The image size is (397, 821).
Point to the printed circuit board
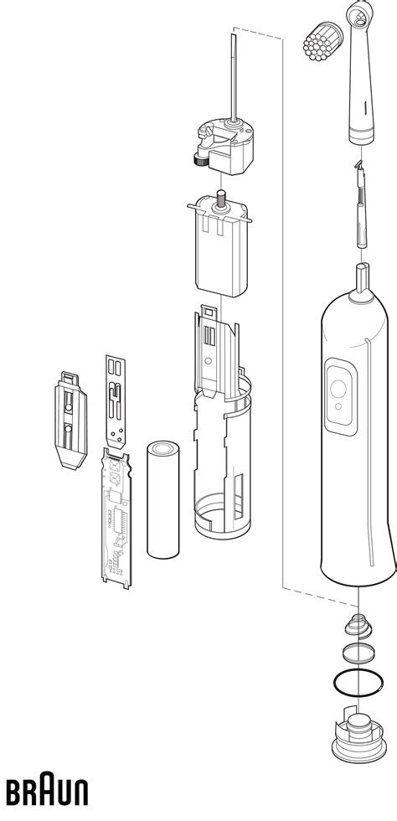tap(116, 515)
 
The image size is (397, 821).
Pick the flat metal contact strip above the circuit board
tap(117, 400)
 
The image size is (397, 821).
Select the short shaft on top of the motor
tap(224, 200)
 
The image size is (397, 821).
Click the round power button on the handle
tap(340, 389)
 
